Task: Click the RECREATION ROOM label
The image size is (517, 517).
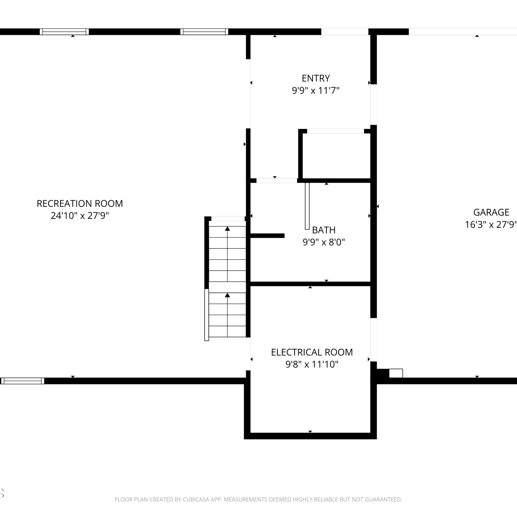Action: tap(80, 203)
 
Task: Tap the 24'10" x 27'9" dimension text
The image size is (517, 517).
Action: tap(80, 215)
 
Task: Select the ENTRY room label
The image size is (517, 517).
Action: tap(316, 78)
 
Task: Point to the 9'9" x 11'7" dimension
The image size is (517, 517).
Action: tap(316, 90)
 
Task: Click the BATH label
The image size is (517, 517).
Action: tap(324, 230)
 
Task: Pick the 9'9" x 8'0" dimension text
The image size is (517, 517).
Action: tap(324, 242)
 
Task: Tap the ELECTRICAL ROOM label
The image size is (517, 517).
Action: tap(312, 352)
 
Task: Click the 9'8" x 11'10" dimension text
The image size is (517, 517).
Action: tap(312, 364)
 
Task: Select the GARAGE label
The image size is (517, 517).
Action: tap(491, 212)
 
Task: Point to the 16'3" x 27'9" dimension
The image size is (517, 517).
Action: tap(491, 224)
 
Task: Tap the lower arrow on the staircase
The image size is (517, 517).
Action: tap(227, 315)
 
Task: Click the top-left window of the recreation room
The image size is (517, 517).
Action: tap(64, 32)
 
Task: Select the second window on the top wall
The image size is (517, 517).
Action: tap(204, 32)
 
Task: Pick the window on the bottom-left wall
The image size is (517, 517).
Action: tap(22, 381)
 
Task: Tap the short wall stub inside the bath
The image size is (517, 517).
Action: tap(267, 236)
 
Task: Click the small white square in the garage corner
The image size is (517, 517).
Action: tap(396, 373)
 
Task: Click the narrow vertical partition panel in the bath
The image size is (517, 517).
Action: tap(307, 206)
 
